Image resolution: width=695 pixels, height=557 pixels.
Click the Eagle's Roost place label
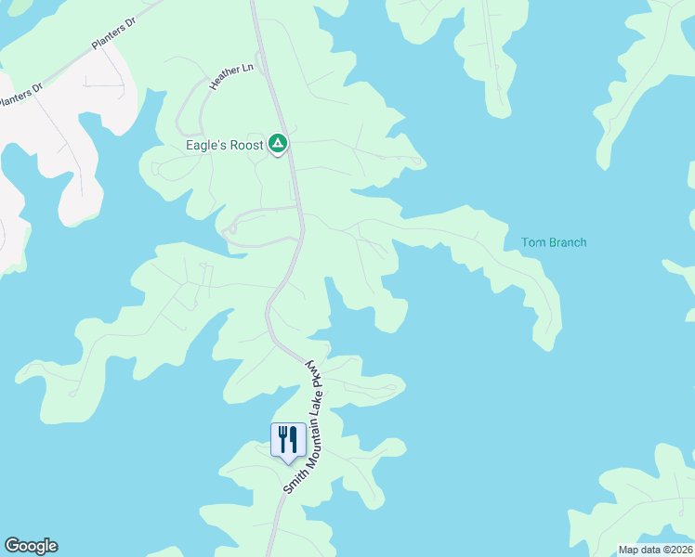[224, 146]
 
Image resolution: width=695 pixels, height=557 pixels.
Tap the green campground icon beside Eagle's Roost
[277, 144]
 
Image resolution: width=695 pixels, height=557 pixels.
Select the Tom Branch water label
[554, 243]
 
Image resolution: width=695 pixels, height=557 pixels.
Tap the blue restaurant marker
[288, 439]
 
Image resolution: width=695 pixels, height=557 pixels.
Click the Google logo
[31, 546]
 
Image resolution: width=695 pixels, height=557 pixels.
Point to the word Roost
[243, 146]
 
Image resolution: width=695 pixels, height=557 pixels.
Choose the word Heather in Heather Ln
[221, 80]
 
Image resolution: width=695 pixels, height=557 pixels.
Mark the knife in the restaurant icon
[294, 437]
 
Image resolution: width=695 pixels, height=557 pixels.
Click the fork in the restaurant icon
[282, 437]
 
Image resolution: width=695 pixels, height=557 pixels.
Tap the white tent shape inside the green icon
[277, 144]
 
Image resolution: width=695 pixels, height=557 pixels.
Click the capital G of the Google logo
[12, 546]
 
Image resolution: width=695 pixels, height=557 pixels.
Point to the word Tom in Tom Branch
[531, 243]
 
